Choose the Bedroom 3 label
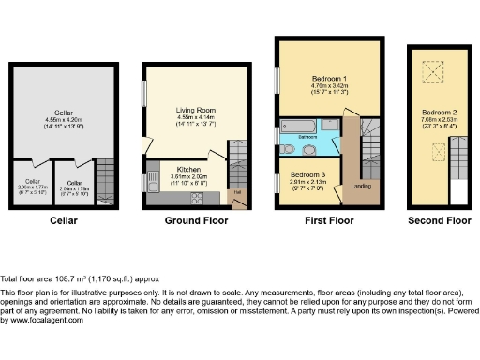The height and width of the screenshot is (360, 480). click(x=308, y=174)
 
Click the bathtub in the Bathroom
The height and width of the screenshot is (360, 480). click(x=301, y=125)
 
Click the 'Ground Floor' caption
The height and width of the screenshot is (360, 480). click(x=196, y=220)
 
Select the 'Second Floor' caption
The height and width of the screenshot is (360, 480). click(x=439, y=220)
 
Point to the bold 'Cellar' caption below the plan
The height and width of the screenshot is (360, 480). click(x=64, y=220)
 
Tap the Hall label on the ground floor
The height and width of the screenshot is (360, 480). click(x=236, y=192)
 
